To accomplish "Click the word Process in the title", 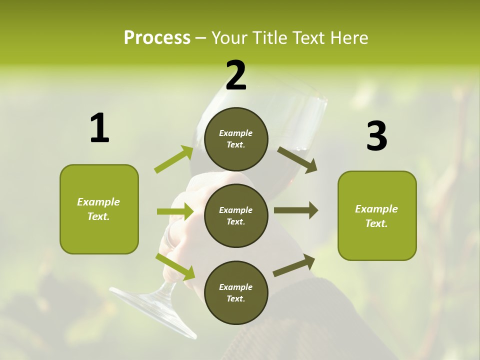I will pos(157,38).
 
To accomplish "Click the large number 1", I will pos(99,128).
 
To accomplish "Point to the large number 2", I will pos(236,75).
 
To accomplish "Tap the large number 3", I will pos(376,136).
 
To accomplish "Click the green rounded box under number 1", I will pos(99,209).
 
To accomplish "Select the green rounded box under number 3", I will pos(377,216).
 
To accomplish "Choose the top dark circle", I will pos(236,139).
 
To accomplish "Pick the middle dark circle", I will pos(236,215).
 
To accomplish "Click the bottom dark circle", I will pos(236,292).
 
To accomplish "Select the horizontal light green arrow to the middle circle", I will pos(175,211).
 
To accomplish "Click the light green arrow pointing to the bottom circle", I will pos(175,266).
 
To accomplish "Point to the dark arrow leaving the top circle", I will pos(297,159).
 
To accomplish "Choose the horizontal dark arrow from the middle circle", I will pos(295,210).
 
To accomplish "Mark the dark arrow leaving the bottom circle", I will pos(294,265).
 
